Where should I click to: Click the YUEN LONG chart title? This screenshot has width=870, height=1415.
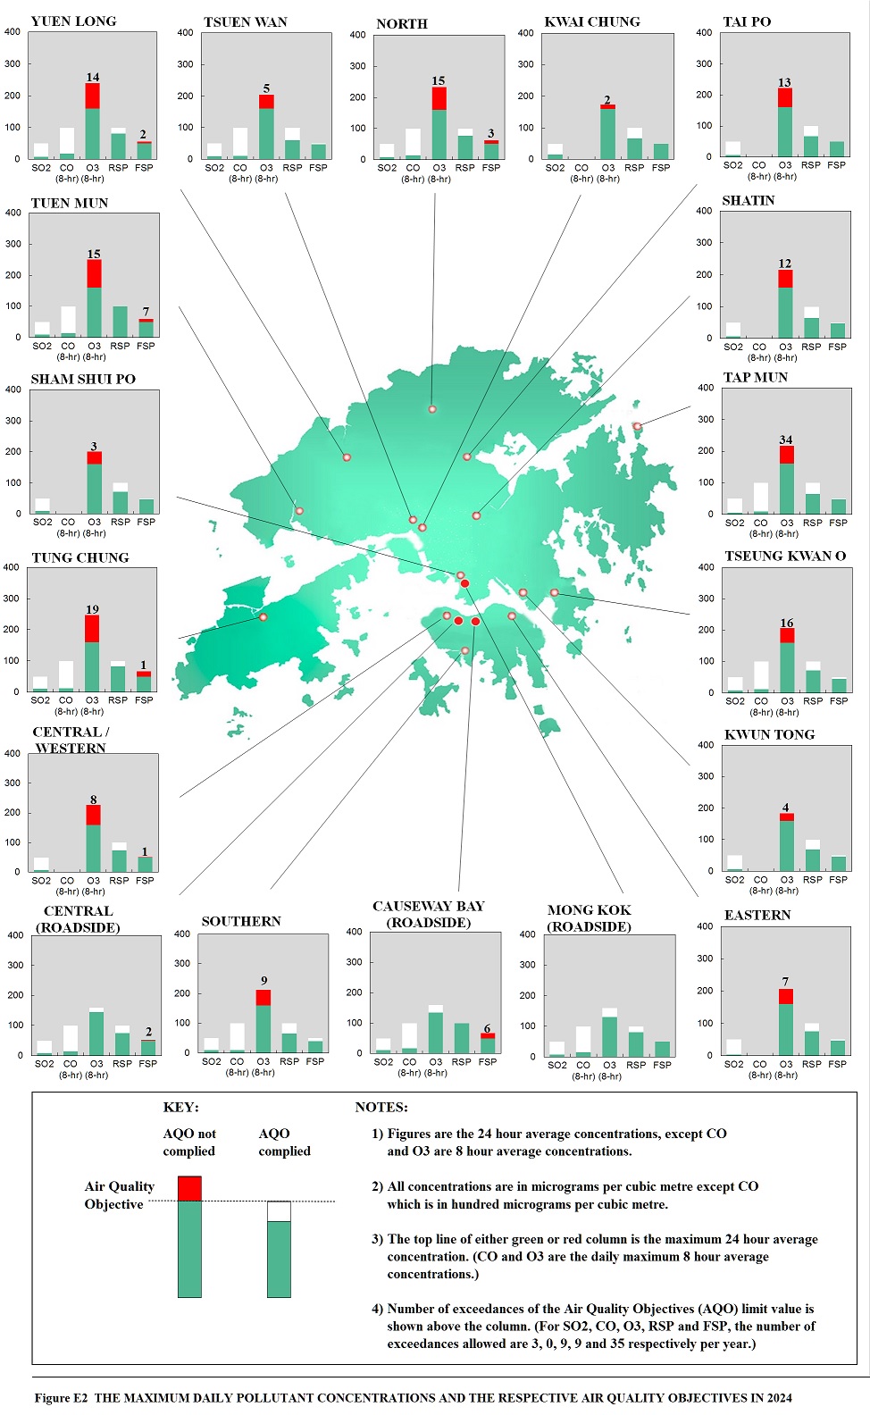pyautogui.click(x=73, y=21)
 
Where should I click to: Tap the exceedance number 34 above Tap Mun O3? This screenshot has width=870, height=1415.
pyautogui.click(x=785, y=440)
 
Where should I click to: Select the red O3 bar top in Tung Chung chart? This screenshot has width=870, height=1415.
pyautogui.click(x=92, y=628)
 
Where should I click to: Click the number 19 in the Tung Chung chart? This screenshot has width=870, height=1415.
pyautogui.click(x=92, y=609)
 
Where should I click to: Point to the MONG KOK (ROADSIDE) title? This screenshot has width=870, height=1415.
pyautogui.click(x=590, y=918)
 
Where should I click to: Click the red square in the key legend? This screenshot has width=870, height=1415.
pyautogui.click(x=189, y=1188)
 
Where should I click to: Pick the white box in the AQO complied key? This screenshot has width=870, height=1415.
pyautogui.click(x=279, y=1211)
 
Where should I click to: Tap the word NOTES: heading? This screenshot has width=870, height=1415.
pyautogui.click(x=381, y=1107)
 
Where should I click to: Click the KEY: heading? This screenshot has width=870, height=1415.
pyautogui.click(x=180, y=1107)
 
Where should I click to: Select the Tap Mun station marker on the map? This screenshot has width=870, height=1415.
pyautogui.click(x=637, y=426)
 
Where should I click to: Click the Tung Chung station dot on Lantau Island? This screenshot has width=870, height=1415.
pyautogui.click(x=263, y=616)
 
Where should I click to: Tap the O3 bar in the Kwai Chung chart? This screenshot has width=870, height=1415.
pyautogui.click(x=607, y=132)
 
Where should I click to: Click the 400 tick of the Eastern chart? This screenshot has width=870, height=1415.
pyautogui.click(x=704, y=926)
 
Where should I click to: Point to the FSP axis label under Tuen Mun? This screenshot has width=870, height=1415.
pyautogui.click(x=146, y=346)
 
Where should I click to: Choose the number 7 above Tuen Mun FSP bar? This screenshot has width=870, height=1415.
pyautogui.click(x=146, y=312)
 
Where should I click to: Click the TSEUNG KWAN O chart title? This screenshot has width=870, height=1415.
pyautogui.click(x=784, y=556)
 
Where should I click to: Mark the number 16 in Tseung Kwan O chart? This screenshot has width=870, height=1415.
pyautogui.click(x=786, y=623)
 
